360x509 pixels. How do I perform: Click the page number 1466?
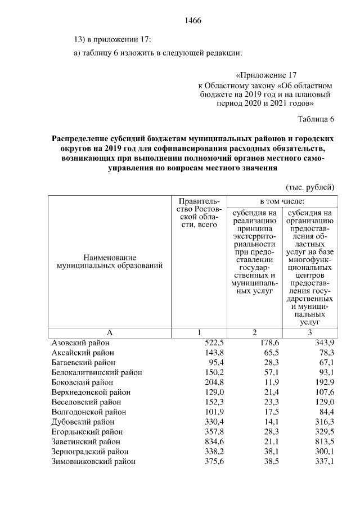(193, 21)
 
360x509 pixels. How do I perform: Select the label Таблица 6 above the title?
(316, 119)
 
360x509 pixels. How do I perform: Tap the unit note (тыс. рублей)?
(310, 187)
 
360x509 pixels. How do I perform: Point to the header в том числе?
(281, 201)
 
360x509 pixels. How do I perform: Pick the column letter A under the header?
(110, 332)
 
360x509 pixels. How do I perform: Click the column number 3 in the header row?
(309, 332)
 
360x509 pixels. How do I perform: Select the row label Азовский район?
(80, 343)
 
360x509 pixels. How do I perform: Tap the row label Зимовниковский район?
(93, 462)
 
